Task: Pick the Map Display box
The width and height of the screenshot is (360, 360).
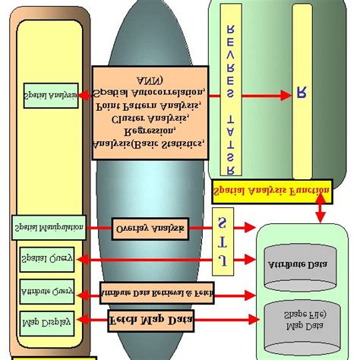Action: tap(46, 321)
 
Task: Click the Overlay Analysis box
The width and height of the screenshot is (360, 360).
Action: tap(149, 228)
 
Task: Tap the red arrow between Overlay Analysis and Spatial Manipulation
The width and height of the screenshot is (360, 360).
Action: tap(99, 227)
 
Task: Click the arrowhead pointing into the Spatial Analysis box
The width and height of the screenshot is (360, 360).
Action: tap(84, 95)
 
